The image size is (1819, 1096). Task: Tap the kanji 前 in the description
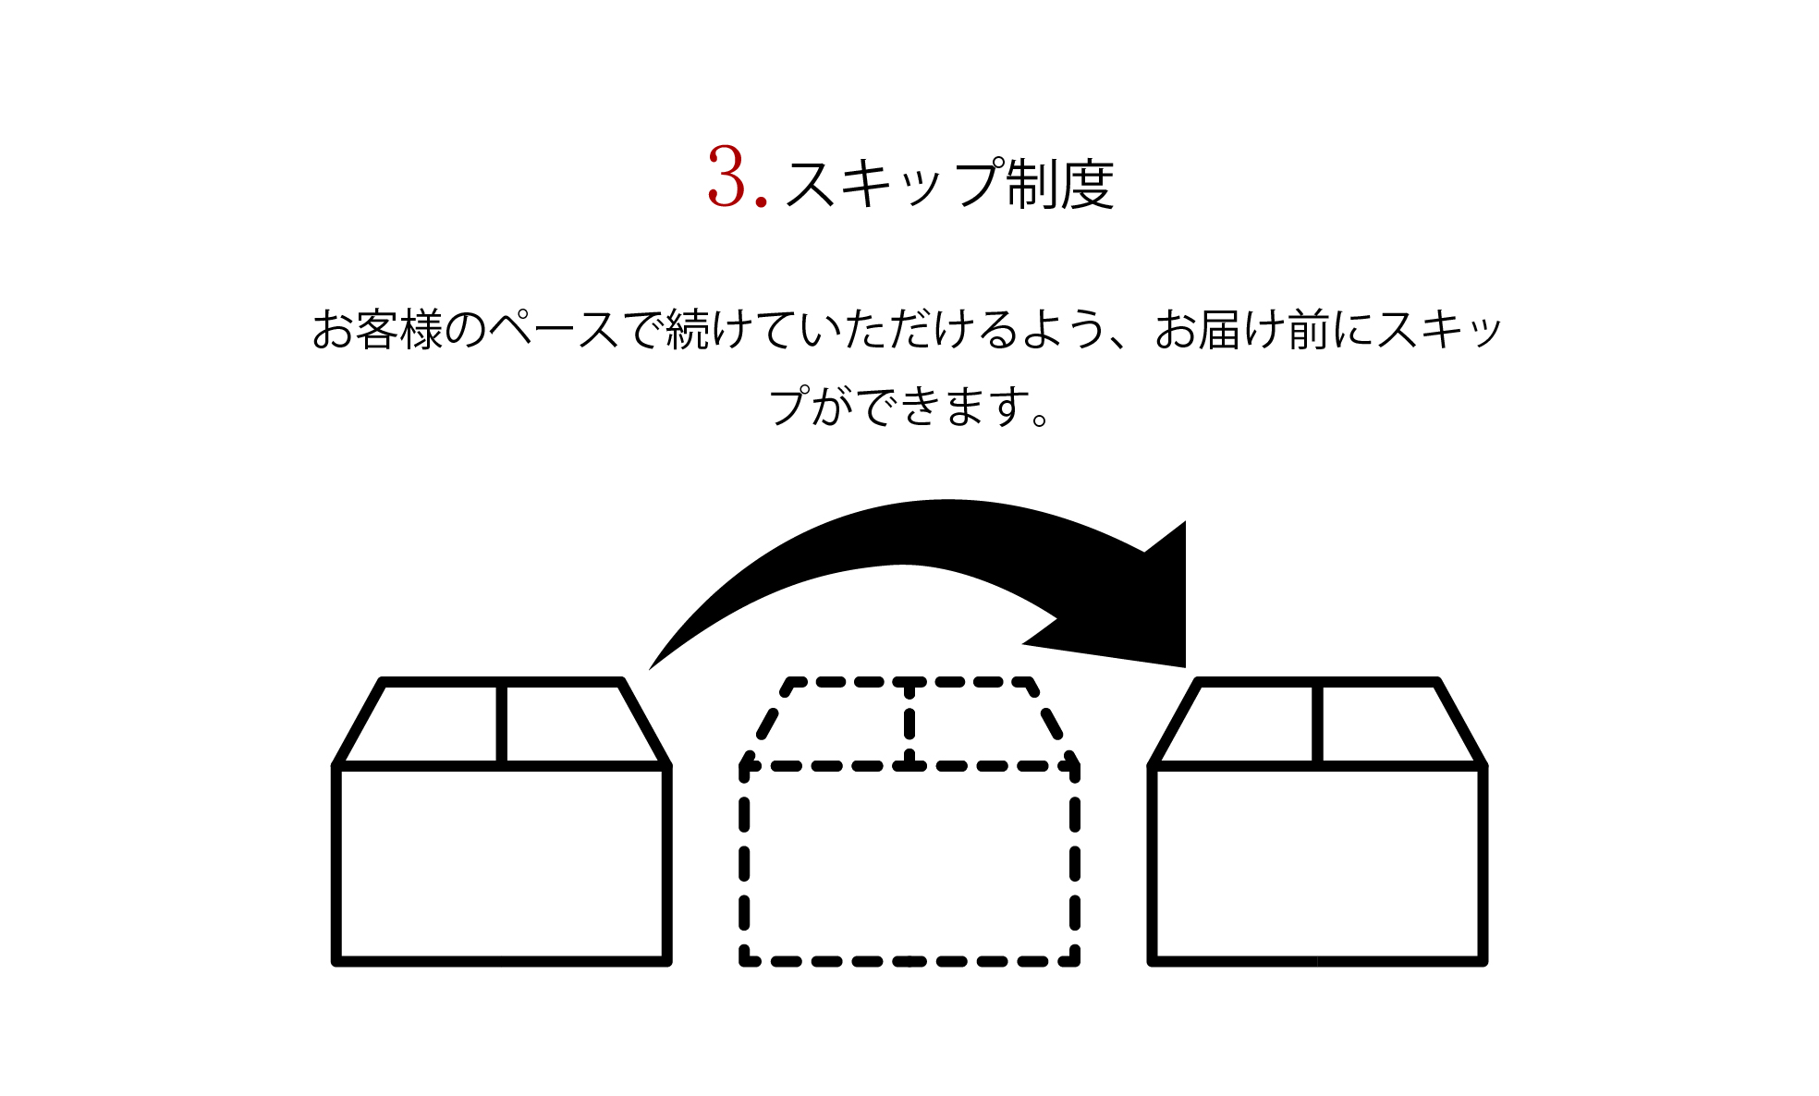click(1309, 330)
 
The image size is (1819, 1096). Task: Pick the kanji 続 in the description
click(688, 330)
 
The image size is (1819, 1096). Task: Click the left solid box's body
click(501, 864)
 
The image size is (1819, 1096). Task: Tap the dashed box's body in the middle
click(909, 864)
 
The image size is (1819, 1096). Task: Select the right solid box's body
click(1317, 864)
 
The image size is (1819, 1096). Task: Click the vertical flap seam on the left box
click(501, 724)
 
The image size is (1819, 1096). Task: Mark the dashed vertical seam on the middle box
click(909, 724)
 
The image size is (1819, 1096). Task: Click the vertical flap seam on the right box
click(1317, 724)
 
